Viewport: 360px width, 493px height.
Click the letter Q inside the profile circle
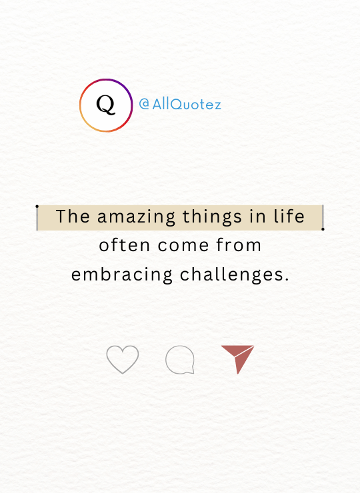(106, 105)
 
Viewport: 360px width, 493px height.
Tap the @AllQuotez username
(180, 104)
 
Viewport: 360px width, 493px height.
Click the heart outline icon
(123, 359)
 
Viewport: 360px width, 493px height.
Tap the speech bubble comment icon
(180, 360)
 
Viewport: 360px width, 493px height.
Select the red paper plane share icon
(237, 359)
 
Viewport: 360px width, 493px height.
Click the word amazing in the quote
(136, 217)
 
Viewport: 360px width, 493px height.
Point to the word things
(212, 217)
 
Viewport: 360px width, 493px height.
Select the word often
(124, 245)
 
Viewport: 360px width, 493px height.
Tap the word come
(183, 246)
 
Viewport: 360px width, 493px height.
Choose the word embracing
(122, 275)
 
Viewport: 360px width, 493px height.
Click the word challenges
(232, 275)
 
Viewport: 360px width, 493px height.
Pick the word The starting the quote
(73, 217)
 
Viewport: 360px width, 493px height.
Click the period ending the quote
(287, 280)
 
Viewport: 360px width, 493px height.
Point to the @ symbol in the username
(144, 104)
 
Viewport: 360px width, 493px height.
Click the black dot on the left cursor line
(37, 207)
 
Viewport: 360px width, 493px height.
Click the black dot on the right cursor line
(323, 229)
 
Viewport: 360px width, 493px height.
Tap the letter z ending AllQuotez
(217, 106)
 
